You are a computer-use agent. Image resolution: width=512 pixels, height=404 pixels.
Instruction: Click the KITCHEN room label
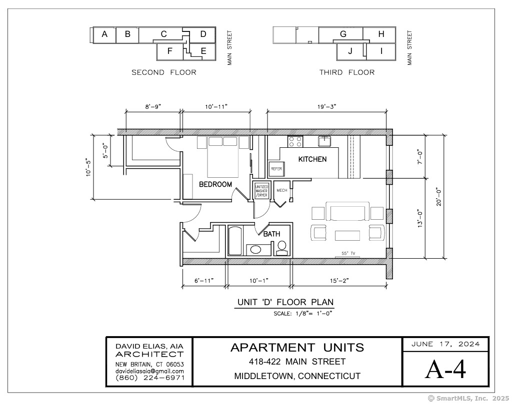pos(312,159)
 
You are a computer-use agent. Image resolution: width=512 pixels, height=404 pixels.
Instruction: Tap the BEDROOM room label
pos(215,184)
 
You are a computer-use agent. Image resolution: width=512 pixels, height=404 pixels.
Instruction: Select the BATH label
pos(271,234)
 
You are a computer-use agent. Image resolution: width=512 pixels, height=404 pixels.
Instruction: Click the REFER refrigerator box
pos(276,169)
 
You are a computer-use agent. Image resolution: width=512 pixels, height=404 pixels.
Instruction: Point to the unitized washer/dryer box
pos(261,191)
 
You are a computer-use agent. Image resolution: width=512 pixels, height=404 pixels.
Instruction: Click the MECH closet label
pos(282,190)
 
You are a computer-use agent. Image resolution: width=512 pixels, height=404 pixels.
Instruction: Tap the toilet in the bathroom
pos(281,248)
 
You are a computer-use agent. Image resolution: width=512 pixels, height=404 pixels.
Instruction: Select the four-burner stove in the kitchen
pos(295,141)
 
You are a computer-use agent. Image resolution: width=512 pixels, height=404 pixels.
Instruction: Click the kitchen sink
pos(324,141)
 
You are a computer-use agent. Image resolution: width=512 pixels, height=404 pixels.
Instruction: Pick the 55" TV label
pos(348,253)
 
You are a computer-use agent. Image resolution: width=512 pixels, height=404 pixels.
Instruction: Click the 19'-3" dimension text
pos(327,107)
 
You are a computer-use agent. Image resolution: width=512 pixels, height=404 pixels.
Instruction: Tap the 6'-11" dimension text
pos(204,281)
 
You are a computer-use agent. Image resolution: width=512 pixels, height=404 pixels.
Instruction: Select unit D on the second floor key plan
pos(203,34)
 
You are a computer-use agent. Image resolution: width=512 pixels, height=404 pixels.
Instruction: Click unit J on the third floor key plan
pos(350,51)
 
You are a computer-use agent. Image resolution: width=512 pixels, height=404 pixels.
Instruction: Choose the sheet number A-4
pos(445,370)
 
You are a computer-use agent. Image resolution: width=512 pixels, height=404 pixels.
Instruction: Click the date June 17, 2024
pos(445,344)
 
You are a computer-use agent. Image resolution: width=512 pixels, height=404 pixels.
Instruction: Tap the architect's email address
pos(149,371)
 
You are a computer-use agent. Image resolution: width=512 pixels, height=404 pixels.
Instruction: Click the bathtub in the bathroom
pos(235,241)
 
